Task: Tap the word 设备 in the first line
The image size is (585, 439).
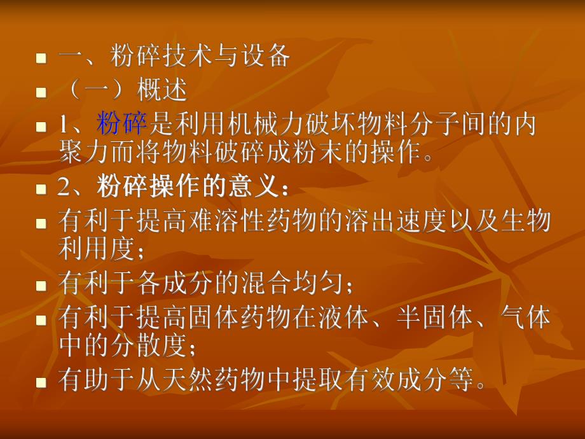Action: (x=265, y=57)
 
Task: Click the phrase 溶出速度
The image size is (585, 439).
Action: (x=389, y=221)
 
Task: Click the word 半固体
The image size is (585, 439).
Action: (x=428, y=317)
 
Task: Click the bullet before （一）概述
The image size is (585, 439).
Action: (x=41, y=92)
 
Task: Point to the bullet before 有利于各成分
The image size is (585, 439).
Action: (x=41, y=284)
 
